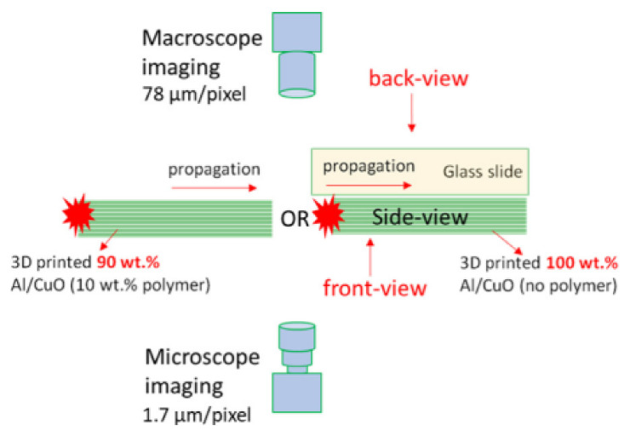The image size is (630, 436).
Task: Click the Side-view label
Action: [x=420, y=218]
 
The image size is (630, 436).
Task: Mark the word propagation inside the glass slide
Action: [x=369, y=164]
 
